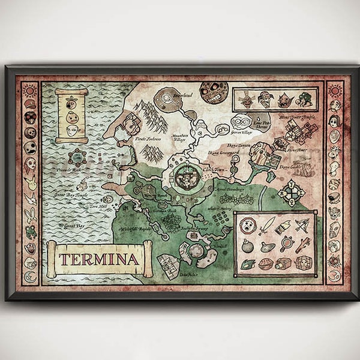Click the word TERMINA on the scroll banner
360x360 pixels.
[99, 259]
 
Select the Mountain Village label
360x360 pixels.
[181, 137]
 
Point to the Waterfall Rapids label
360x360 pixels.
[134, 230]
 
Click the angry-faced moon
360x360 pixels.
[214, 92]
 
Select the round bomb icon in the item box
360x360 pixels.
[247, 245]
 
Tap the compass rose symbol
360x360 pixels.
[293, 192]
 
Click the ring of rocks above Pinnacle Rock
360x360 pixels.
[77, 158]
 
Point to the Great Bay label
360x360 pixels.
[73, 226]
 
